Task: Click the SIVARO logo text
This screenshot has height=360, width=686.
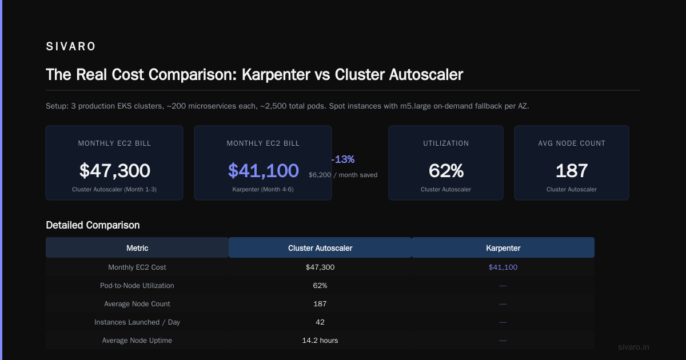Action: [x=71, y=46]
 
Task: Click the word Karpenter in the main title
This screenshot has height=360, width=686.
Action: [x=276, y=74]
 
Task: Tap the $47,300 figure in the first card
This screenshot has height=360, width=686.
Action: [x=114, y=170]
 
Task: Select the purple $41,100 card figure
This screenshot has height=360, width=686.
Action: [x=263, y=170]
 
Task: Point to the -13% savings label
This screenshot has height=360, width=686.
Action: [x=342, y=159]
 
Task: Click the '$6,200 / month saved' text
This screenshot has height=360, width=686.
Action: [x=343, y=175]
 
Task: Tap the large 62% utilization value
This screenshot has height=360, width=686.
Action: [x=446, y=170]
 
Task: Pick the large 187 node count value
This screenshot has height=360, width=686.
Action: [x=572, y=170]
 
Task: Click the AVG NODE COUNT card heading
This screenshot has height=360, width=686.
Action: [x=572, y=143]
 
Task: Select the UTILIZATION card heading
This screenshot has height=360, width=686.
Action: [x=446, y=143]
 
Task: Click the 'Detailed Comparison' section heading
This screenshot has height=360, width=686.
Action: [x=93, y=225]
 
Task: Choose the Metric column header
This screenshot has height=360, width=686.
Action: [x=137, y=248]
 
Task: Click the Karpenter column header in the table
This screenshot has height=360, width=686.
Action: [x=503, y=248]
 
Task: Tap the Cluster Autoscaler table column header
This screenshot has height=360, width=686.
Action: [x=320, y=248]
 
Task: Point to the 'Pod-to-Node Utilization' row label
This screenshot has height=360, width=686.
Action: [x=137, y=285]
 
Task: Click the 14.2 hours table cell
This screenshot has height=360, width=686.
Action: [x=320, y=341]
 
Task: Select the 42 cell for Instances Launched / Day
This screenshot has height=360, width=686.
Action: [x=320, y=322]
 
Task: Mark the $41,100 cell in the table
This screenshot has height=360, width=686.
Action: [x=503, y=267]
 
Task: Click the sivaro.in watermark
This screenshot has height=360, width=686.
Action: [x=633, y=347]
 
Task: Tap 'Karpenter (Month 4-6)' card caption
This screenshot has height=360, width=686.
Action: [x=263, y=190]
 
